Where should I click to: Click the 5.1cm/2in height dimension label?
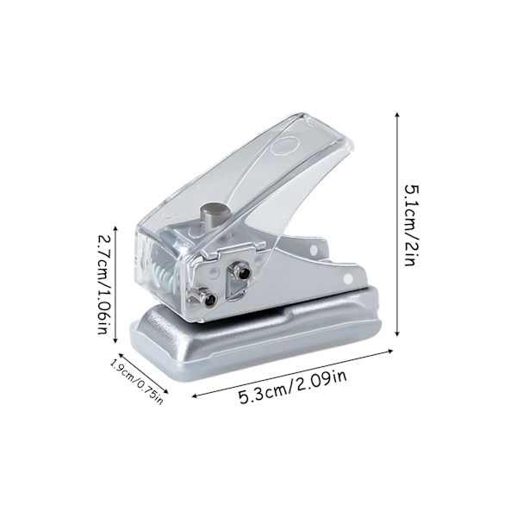click(413, 226)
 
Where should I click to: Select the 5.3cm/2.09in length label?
click(293, 388)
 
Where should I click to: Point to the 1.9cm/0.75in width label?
click(136, 382)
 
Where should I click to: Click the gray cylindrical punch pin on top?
click(212, 215)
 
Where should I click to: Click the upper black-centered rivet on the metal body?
click(242, 271)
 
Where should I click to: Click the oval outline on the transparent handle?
click(284, 145)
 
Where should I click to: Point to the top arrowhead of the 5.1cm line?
click(397, 115)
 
